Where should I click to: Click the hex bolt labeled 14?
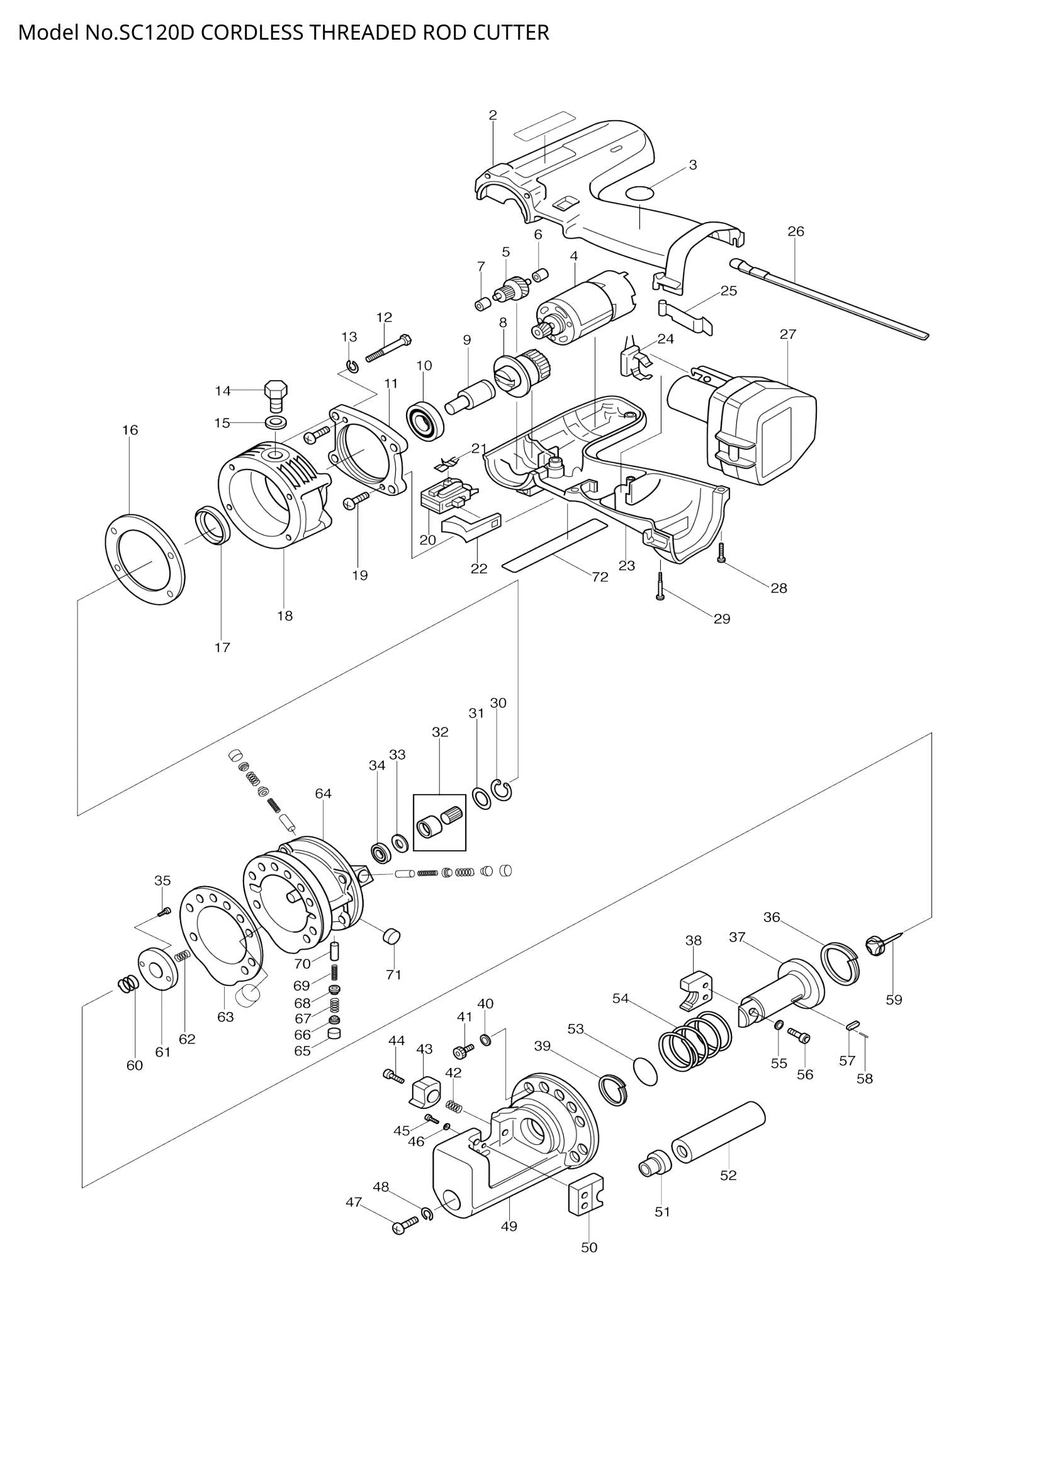coord(276,396)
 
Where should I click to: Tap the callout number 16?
coord(130,430)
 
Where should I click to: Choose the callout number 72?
coord(599,577)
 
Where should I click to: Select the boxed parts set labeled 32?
coord(440,823)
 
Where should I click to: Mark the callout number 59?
coord(894,999)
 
